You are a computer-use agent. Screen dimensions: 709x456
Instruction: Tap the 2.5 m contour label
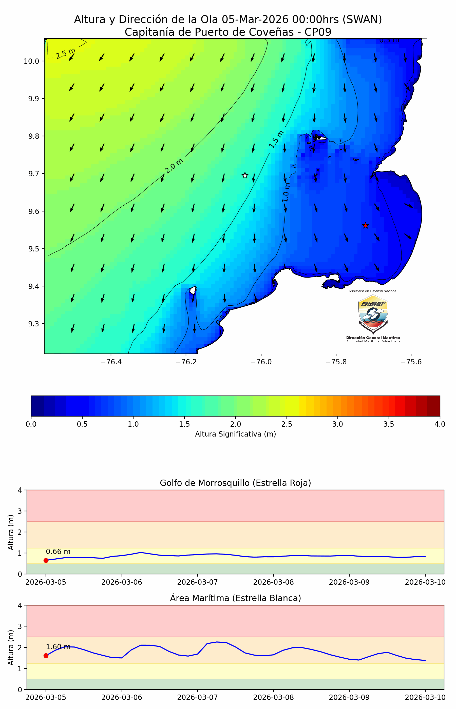click(65, 53)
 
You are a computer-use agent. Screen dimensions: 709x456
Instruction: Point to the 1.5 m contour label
click(276, 139)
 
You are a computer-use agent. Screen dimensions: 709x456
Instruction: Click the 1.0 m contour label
click(286, 193)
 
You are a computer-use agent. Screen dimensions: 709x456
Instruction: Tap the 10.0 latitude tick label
click(31, 61)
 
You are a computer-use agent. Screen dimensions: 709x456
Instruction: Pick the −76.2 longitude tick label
click(186, 362)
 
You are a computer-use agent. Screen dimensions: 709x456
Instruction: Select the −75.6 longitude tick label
click(411, 362)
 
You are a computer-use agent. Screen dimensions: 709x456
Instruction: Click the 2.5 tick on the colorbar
click(287, 424)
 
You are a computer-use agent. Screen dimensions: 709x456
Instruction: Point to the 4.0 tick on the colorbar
click(440, 424)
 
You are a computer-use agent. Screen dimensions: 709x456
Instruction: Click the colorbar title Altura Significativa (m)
click(235, 434)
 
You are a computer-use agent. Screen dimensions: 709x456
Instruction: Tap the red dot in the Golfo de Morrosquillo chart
click(46, 560)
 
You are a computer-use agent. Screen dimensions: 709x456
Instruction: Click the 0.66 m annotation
click(58, 552)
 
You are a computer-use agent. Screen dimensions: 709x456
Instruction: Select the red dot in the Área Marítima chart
click(46, 656)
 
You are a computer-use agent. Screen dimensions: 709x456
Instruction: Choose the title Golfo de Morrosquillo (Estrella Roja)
click(235, 483)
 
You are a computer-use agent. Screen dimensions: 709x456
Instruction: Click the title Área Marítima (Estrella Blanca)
click(235, 598)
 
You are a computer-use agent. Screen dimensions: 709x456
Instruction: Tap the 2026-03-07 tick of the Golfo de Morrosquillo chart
click(198, 582)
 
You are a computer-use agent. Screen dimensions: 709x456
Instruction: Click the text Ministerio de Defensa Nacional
click(373, 291)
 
